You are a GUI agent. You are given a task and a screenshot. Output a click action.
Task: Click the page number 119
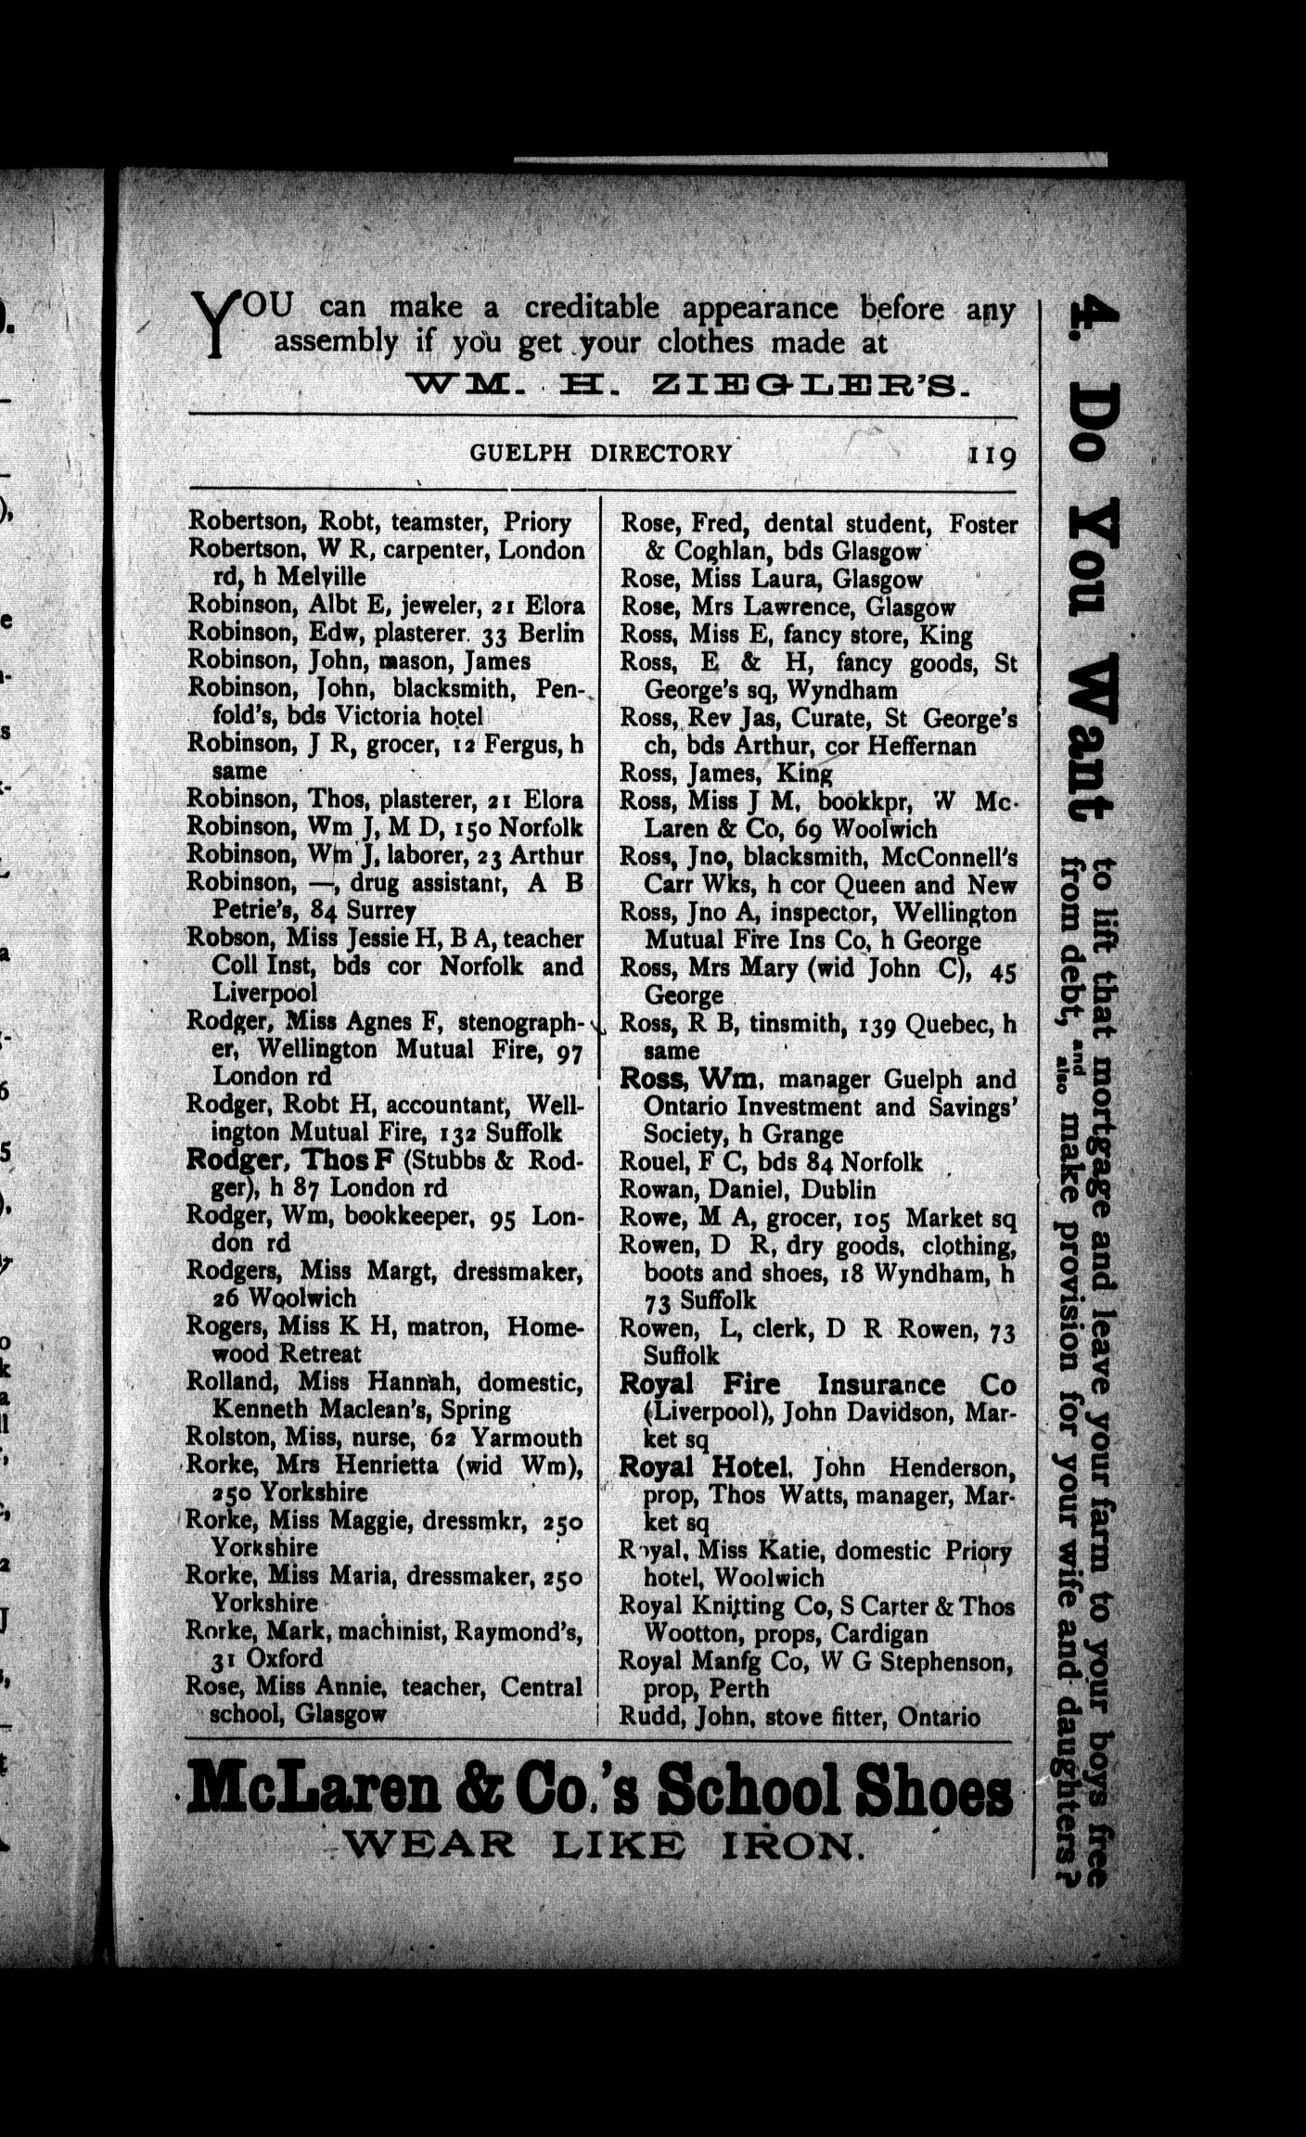[992, 455]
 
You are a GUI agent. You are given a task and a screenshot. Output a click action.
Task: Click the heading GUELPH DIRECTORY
[600, 454]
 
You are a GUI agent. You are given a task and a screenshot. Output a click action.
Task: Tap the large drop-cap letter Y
[215, 325]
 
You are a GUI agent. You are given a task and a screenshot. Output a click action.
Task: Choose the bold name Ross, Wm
[690, 1080]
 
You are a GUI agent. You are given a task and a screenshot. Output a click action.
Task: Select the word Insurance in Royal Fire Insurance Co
[881, 1385]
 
